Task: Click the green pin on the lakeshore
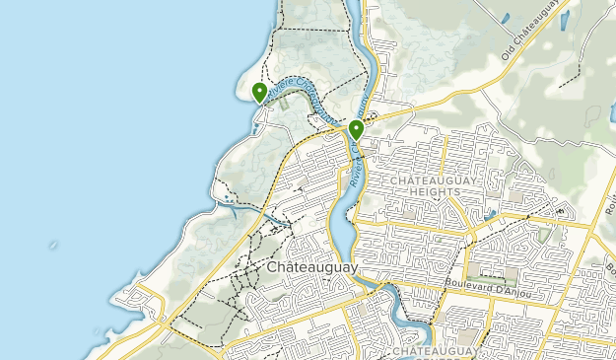coord(259,93)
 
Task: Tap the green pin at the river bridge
coord(356,129)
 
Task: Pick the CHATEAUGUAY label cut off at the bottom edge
coord(438,351)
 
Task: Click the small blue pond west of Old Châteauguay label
coord(505,17)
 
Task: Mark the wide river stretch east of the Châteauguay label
coord(338,232)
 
